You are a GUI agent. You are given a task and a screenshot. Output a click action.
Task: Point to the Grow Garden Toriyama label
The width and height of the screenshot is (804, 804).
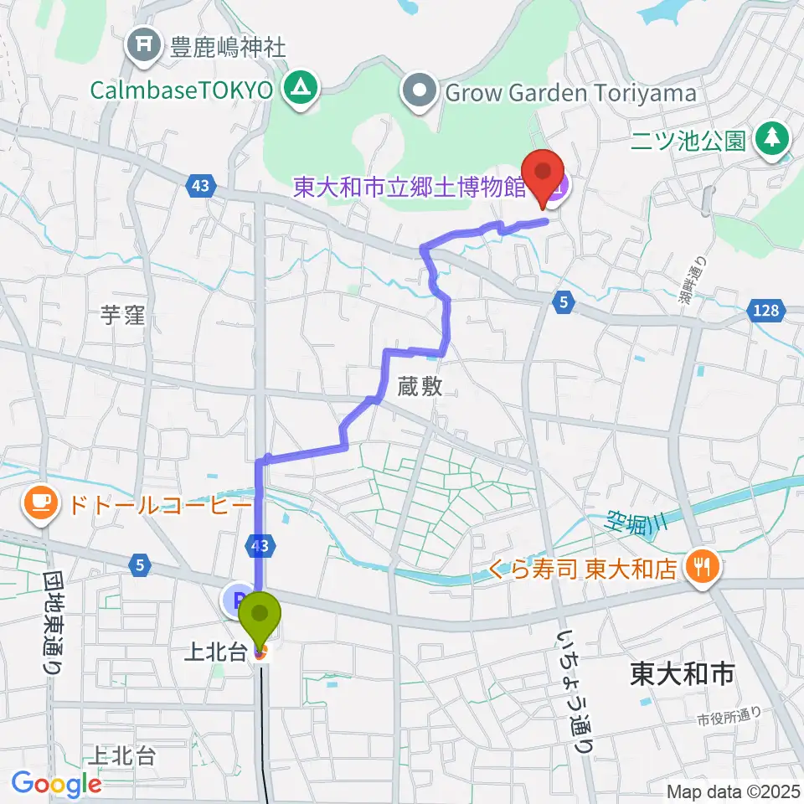pyautogui.click(x=570, y=92)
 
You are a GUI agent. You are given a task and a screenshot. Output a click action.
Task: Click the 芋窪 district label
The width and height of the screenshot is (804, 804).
pyautogui.click(x=122, y=315)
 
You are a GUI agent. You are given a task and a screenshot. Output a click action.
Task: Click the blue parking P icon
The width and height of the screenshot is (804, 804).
pyautogui.click(x=237, y=600)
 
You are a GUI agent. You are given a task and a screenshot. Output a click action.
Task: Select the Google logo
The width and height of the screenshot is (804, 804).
pyautogui.click(x=56, y=784)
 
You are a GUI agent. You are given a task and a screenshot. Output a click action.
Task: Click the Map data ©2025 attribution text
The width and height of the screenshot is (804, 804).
pyautogui.click(x=732, y=791)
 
